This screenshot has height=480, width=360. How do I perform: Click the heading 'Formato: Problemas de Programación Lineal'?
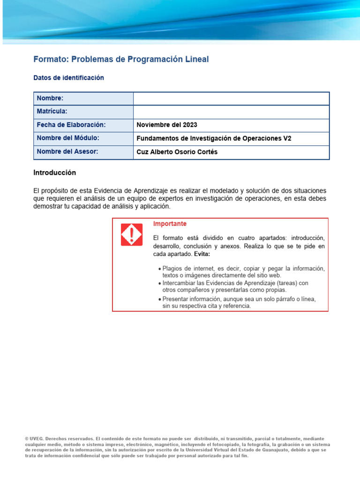pos(121,60)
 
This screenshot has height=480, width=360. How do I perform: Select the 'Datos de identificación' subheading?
pos(68,78)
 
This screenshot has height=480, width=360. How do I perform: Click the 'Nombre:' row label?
pos(50,98)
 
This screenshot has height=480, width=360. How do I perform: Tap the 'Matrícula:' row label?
pos(52,112)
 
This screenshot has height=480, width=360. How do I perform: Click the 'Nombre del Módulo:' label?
pos(68,138)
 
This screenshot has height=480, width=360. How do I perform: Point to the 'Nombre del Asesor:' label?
pos(67,152)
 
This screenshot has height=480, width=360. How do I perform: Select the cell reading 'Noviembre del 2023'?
pos(167,125)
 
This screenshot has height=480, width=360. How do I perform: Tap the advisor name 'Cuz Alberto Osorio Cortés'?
pos(177,152)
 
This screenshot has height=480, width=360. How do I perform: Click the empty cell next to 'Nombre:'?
pos(231,98)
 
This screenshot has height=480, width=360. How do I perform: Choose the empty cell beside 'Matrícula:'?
pos(231,112)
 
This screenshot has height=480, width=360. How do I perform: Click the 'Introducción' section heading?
pos(54,173)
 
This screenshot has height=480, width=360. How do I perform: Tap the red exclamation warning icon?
pos(132,234)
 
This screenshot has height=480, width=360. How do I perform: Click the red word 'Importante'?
pos(170,224)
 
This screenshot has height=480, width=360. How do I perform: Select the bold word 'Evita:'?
pos(202,254)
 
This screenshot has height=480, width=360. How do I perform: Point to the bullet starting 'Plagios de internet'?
pos(241,272)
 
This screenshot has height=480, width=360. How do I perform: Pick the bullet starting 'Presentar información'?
pos(238,302)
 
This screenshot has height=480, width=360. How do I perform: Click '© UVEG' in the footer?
pos(35,439)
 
